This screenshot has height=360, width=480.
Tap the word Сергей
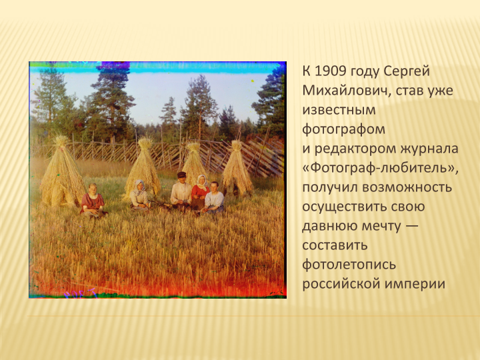pos(407,72)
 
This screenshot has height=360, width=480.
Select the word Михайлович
pos(345,91)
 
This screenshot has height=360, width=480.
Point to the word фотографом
pos(343,129)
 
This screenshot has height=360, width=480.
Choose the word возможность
pos(407,187)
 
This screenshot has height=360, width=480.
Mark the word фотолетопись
pos(349,265)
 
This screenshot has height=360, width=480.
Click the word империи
pos(415,284)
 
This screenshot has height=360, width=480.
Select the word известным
pos(339,110)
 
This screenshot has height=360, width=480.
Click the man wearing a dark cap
pos(181,191)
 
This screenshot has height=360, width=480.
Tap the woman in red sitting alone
pos(93,200)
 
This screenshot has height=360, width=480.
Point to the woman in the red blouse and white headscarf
pos(200,192)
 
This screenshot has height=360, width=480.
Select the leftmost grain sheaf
pos(61,171)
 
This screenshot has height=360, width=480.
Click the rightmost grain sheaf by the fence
pos(237,167)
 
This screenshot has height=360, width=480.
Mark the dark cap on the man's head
pos(181,175)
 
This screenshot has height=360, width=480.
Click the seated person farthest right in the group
pos(214,197)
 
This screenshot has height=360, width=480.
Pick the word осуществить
pos(363,207)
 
